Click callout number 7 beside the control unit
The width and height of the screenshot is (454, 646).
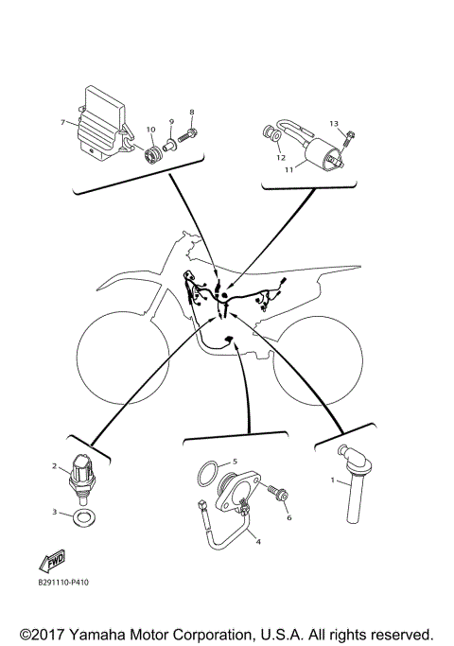[x=62, y=123]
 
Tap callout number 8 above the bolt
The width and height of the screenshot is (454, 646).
[x=191, y=112]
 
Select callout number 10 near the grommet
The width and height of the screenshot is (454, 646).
[x=149, y=129]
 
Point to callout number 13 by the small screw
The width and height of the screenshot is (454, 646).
[x=333, y=124]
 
